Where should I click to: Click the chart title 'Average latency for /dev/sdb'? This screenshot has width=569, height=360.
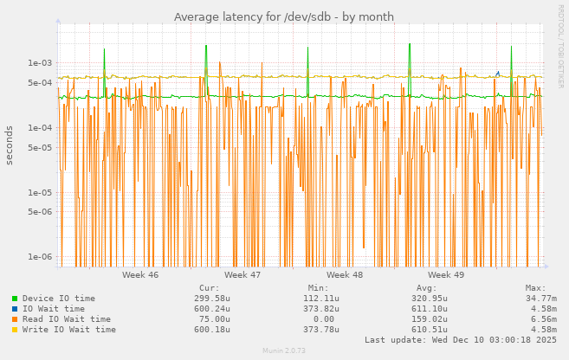coord(283,17)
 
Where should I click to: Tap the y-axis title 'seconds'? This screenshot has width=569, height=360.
coord(10,145)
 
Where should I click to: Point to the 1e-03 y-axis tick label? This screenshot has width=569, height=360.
coord(40,63)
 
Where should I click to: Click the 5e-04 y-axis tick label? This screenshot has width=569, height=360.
coord(40,83)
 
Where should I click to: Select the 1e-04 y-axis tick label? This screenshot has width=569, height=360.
coord(40,128)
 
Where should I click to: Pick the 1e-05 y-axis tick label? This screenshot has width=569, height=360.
coord(40,193)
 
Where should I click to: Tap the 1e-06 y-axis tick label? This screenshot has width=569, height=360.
coord(40,257)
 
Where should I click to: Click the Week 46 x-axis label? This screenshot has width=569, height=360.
coord(140,275)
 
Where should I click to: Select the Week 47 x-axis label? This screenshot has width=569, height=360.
coord(242,275)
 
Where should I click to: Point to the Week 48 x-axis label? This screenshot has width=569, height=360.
coord(345,275)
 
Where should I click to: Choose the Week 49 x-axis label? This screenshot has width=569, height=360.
coord(446,275)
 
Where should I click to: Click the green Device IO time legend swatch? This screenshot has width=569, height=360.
coord(15,299)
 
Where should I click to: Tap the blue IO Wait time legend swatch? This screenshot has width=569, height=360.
coord(15,309)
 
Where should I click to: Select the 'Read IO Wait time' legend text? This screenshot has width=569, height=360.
coord(66,319)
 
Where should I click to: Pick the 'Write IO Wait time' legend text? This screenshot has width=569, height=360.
coord(68,330)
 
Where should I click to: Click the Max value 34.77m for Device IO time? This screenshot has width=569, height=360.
coord(540,299)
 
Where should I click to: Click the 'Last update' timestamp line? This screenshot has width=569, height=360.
coord(461,340)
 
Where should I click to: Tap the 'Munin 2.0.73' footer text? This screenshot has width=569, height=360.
coord(284,350)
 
